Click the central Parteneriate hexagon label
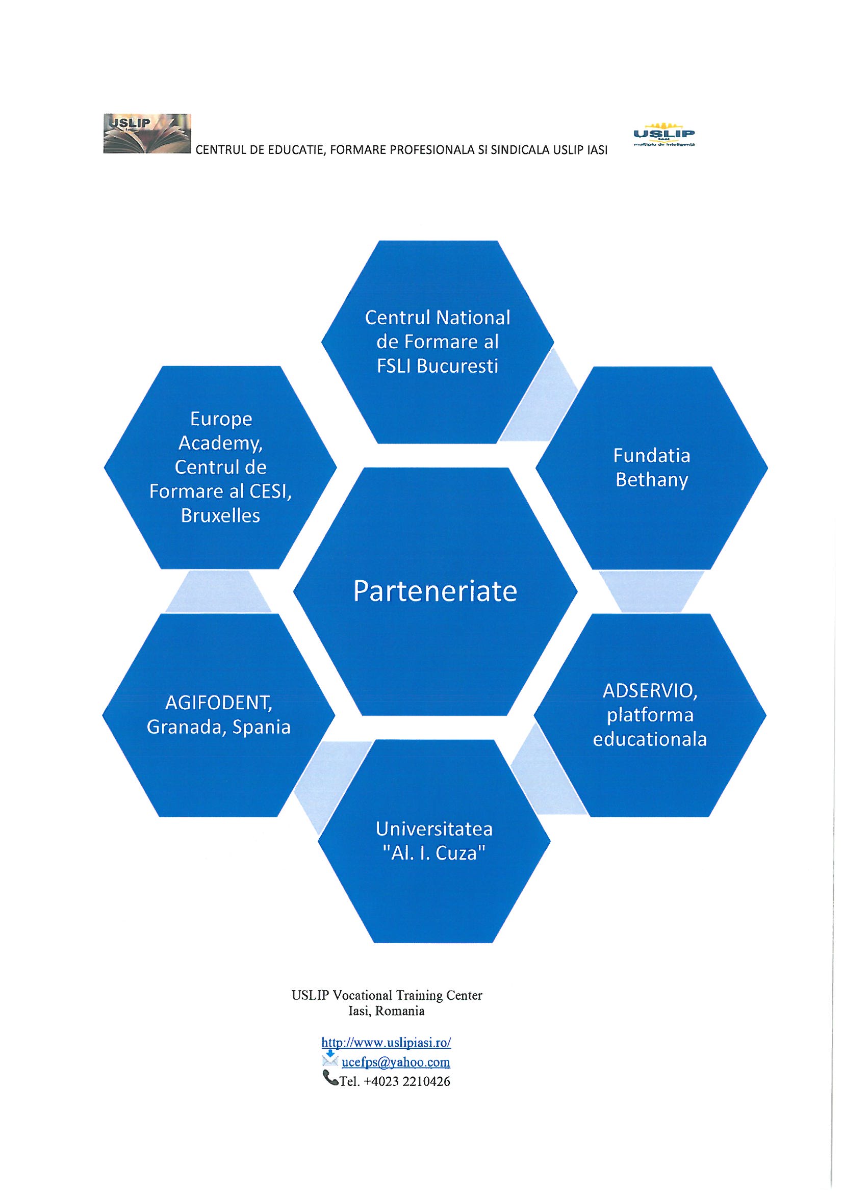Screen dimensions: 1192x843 (435, 591)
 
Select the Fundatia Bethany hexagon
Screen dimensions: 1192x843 (651, 468)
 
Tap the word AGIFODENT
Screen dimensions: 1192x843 (219, 704)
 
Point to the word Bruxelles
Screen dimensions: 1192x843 (220, 515)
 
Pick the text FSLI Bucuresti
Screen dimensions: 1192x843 (437, 367)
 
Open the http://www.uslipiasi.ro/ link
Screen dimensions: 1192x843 (386, 1042)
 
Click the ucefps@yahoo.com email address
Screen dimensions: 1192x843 (395, 1062)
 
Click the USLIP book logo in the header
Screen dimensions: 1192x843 (147, 134)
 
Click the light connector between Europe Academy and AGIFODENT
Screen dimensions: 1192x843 (219, 592)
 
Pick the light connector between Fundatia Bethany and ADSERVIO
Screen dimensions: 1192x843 (651, 592)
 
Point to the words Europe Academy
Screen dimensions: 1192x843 (220, 430)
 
